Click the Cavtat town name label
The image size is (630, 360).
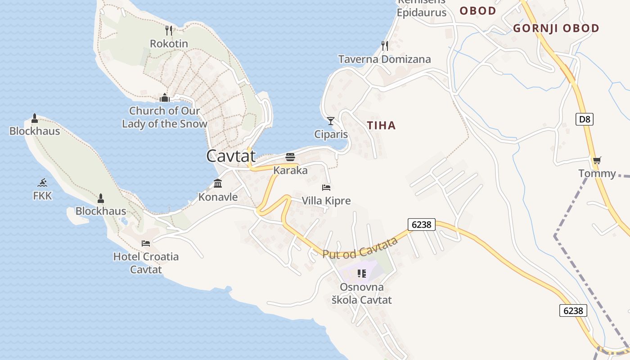pos(231,156)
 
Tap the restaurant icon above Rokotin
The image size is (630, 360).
pos(169,31)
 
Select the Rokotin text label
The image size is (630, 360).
pos(169,44)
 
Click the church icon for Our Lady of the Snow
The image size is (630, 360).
pos(165,98)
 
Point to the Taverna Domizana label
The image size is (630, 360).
pos(384,59)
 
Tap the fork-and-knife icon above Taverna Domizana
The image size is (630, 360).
pos(385,45)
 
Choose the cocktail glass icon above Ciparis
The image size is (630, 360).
pos(331,121)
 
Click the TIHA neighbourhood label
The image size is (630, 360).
pos(382,126)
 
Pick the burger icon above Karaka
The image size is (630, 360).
pos(290,157)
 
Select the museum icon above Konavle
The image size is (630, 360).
pos(218,183)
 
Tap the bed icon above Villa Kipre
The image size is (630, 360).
pos(326,187)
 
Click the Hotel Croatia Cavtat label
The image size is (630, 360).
pos(146,263)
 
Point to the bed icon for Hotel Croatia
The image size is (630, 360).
pos(146,243)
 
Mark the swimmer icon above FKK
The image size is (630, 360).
pos(42,183)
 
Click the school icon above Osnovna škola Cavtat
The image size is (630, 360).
pos(361,273)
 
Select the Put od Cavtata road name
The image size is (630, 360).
pos(360,247)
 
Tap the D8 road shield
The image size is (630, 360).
pos(585,119)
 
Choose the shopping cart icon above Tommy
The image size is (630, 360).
pos(597,160)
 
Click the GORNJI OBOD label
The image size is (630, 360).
pos(556,28)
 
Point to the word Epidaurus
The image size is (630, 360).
pos(421,12)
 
